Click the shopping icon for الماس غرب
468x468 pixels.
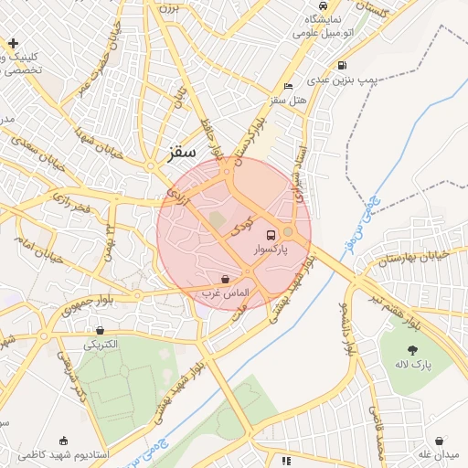(x=225, y=279)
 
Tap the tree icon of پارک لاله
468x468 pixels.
(x=413, y=350)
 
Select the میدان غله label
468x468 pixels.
(x=438, y=454)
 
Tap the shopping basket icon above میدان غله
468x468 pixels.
(x=440, y=441)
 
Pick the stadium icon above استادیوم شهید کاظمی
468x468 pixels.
(x=63, y=440)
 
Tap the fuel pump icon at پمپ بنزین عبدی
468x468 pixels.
(x=342, y=65)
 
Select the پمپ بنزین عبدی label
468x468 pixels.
(x=340, y=80)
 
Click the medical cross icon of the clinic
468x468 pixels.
(x=14, y=43)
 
